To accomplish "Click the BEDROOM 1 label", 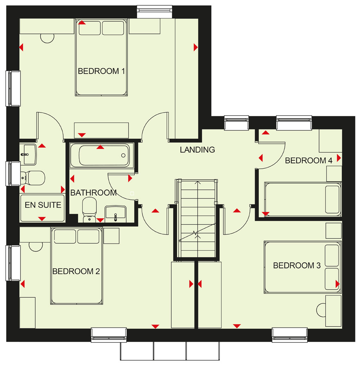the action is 101,71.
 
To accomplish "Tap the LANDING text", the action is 198,150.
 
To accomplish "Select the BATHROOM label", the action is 94,193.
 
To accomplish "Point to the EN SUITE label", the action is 43,205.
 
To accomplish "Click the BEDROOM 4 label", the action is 309,161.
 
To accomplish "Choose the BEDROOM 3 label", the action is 297,265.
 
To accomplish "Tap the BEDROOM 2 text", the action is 76,271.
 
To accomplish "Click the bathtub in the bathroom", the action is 102,155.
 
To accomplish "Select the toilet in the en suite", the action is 33,178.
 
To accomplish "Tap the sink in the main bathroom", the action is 116,214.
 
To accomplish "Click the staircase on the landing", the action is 198,218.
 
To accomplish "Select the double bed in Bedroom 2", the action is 77,266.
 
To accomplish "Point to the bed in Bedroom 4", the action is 303,200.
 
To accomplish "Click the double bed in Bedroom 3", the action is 303,267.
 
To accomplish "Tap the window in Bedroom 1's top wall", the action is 155,12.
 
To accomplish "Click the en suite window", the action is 13,174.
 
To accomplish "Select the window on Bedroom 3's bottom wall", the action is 290,335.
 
